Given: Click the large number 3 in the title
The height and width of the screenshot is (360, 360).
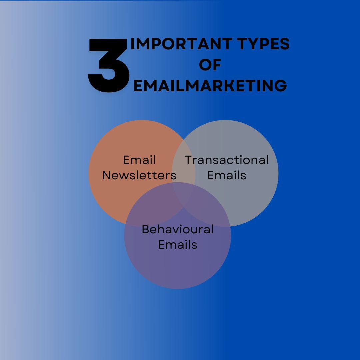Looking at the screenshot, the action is (x=108, y=65).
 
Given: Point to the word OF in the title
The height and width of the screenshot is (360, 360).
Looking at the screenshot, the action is (x=210, y=65).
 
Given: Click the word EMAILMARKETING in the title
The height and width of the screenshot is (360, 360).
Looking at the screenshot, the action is (x=210, y=86).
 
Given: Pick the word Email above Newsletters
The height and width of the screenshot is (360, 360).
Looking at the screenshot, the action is (x=139, y=160).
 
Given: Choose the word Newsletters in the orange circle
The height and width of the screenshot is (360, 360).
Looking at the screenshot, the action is (x=139, y=175).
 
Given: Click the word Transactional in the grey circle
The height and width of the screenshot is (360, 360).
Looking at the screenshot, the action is (x=227, y=160).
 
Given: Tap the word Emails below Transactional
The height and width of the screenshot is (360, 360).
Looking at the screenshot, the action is (x=227, y=175).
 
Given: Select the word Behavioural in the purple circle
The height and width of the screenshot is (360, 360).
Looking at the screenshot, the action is (x=178, y=229).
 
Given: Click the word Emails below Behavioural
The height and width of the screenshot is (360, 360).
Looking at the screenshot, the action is (x=178, y=245).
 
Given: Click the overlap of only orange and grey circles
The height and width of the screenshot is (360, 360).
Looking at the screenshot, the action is (x=183, y=165).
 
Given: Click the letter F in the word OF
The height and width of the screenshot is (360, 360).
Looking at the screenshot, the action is (x=217, y=65).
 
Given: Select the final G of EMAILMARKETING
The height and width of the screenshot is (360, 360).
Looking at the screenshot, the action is (x=281, y=86).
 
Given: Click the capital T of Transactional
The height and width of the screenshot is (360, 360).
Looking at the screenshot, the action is (x=189, y=160).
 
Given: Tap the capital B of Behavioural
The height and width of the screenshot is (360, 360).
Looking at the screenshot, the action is (x=146, y=229).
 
